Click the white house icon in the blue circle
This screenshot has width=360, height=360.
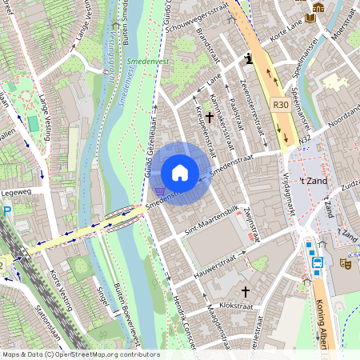(180, 173)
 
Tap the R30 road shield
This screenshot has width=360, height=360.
(280, 104)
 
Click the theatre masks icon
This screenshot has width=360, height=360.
(346, 262)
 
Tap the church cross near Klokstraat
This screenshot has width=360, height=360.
(246, 293)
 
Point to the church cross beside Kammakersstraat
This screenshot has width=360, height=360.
(210, 118)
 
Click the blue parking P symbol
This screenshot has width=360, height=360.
(6, 211)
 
